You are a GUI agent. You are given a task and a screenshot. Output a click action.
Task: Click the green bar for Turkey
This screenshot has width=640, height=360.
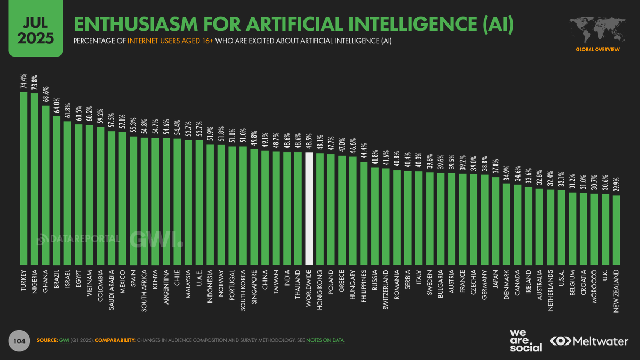pos(23,178)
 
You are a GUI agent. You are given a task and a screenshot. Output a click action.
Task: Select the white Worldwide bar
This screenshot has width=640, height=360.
pos(309,208)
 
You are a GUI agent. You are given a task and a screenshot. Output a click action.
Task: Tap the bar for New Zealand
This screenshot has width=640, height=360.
pos(617,230)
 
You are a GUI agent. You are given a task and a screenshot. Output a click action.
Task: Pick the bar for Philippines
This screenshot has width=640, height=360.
pos(364,213)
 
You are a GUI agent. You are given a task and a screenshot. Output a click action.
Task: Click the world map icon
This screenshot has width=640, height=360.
pos(597,29)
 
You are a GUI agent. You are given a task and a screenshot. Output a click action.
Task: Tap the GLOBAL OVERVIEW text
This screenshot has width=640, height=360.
pos(597,49)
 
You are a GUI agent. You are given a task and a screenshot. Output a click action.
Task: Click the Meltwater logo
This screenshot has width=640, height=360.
pos(590,340)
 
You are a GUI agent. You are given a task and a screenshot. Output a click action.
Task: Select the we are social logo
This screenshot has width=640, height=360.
pos(525,340)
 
